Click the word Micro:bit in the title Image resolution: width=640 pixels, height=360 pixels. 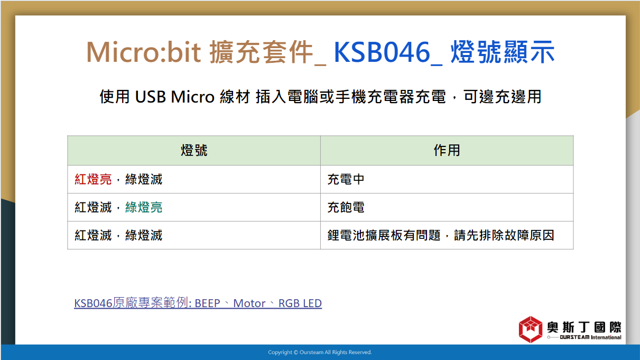click(143, 52)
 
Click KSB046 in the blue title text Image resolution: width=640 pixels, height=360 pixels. click(382, 52)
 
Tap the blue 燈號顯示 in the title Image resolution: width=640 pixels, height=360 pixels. click(503, 52)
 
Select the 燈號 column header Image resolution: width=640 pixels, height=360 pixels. click(194, 150)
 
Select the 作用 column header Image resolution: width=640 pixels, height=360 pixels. click(447, 150)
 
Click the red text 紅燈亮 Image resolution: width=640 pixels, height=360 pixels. click(93, 179)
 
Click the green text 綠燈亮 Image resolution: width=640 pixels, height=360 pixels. click(144, 207)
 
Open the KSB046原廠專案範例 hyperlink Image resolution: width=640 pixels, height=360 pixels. click(198, 303)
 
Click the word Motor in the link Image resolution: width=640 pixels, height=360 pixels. click(249, 303)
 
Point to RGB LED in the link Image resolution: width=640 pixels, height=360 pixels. click(300, 303)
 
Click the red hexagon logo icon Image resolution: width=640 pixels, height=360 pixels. click(531, 329)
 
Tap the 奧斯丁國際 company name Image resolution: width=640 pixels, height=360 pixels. click(584, 327)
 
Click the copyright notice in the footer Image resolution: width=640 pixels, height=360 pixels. click(320, 352)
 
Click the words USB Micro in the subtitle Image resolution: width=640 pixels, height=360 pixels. click(174, 97)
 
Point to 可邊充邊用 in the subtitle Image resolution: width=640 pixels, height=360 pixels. click(502, 97)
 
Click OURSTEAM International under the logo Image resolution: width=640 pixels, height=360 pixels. click(590, 337)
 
